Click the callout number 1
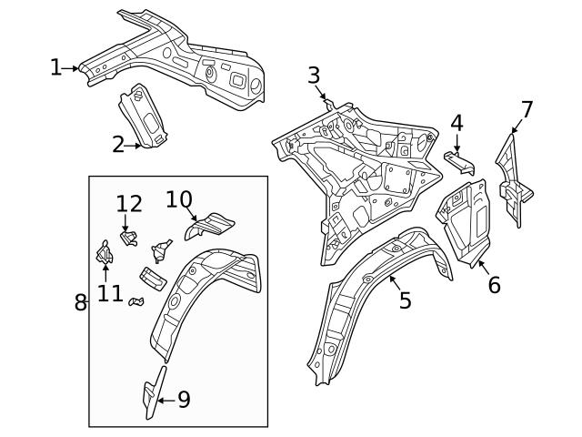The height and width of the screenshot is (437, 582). click(x=56, y=67)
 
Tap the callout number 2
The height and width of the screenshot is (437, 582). click(x=119, y=144)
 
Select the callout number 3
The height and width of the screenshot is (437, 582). click(x=314, y=75)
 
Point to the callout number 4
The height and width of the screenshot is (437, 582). click(x=457, y=122)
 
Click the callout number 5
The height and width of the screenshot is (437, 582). click(x=405, y=300)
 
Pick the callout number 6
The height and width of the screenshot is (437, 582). click(x=494, y=284)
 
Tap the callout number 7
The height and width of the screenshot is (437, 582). click(x=527, y=110)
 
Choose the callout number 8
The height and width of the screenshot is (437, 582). click(x=80, y=302)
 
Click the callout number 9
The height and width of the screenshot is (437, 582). click(x=184, y=400)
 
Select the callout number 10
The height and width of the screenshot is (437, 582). click(x=179, y=198)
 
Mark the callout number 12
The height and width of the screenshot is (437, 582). click(x=129, y=204)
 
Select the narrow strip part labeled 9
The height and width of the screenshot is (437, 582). click(x=154, y=391)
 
